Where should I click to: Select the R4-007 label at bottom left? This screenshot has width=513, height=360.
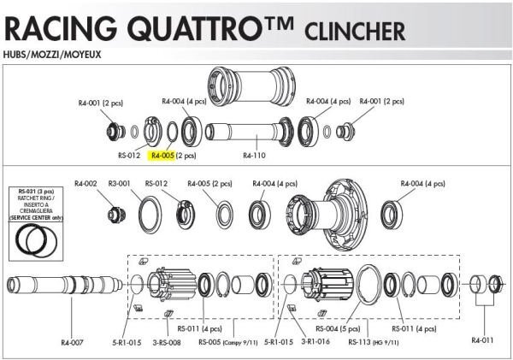point(72,342)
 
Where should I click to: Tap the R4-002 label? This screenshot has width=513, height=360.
point(85,182)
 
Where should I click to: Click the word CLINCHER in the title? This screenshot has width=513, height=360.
point(354,32)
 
